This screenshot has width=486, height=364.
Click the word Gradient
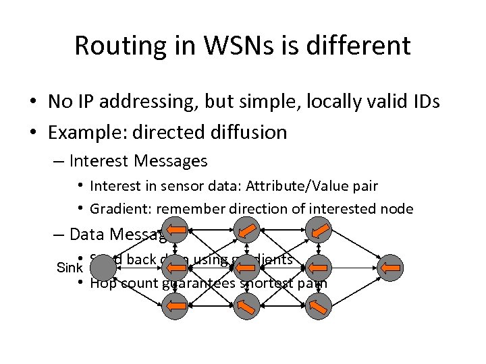pos(117,209)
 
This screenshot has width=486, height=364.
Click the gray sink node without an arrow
pos(103,269)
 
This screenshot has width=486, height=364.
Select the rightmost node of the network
pos(389,269)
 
